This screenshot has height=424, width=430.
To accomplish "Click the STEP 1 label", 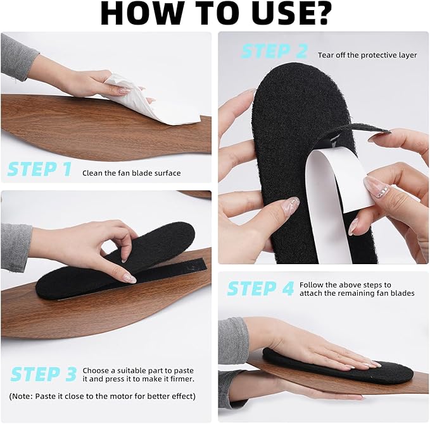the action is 39,169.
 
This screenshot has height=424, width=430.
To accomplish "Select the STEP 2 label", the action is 274,51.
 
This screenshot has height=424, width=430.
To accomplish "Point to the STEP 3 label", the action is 44,374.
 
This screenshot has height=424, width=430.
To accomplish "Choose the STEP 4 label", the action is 261,289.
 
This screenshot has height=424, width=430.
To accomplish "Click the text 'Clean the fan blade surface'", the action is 132,173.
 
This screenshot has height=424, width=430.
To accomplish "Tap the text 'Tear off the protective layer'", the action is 367,55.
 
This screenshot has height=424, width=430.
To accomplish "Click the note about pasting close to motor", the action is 103,396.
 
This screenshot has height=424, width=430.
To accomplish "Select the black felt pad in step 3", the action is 115,264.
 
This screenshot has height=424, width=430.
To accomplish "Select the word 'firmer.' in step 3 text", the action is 182,379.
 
